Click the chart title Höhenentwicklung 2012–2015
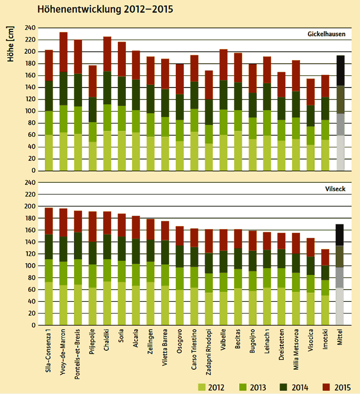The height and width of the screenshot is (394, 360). [x=105, y=9]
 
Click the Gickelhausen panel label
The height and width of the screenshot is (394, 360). [x=326, y=34]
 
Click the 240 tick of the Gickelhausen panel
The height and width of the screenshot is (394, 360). [x=29, y=27]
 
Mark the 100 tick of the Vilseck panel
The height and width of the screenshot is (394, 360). [x=29, y=266]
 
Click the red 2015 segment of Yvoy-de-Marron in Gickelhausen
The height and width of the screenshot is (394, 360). [x=64, y=52]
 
